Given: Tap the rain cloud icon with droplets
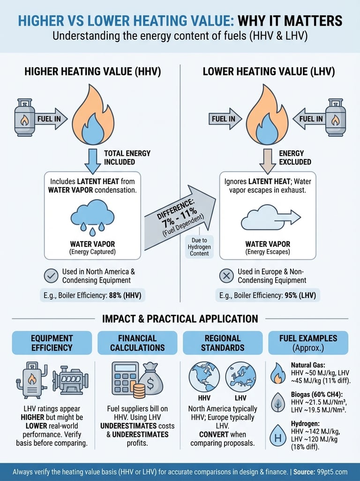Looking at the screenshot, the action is pos(92,216).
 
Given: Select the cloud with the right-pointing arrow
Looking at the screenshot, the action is pos(270,218).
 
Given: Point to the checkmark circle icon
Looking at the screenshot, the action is pos(51,276).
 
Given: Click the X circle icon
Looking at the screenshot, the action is pos(226,276).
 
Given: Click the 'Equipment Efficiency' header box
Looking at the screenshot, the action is pos(52,343).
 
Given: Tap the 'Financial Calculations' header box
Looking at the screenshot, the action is pos(137,343).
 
